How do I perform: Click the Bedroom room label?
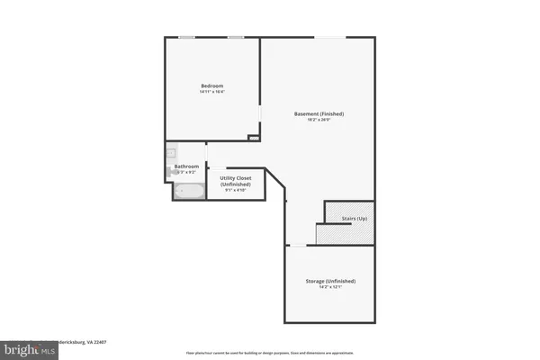[211, 85]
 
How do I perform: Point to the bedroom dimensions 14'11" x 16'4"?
[211, 92]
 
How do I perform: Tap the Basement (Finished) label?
[319, 113]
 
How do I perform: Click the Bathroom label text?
[186, 166]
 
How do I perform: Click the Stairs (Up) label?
[355, 219]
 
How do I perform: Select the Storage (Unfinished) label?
[329, 281]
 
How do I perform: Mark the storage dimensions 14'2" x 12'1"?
[329, 288]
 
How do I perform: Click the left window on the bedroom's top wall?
[186, 37]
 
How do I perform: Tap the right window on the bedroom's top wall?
[235, 37]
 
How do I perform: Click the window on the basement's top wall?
[328, 37]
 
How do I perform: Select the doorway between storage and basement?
[298, 245]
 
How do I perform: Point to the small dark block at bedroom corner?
[254, 138]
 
